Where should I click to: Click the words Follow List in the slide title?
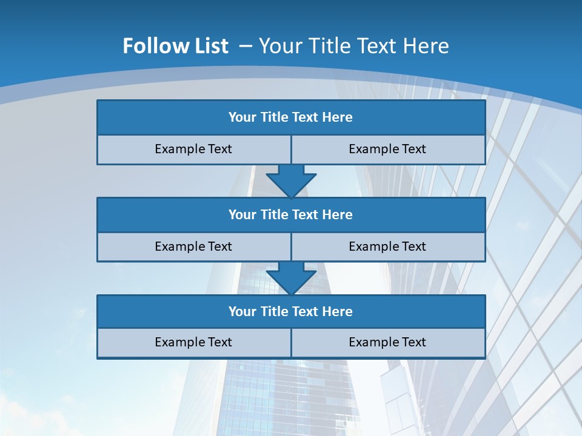pyautogui.click(x=175, y=46)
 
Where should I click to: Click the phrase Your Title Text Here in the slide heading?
pyautogui.click(x=354, y=46)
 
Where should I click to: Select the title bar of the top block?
pyautogui.click(x=291, y=117)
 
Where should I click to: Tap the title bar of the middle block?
pyautogui.click(x=291, y=214)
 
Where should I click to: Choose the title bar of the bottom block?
pyautogui.click(x=291, y=311)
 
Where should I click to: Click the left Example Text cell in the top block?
pyautogui.click(x=193, y=149)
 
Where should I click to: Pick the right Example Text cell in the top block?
pyautogui.click(x=387, y=149)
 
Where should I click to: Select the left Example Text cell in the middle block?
pyautogui.click(x=193, y=246)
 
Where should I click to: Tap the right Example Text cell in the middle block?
pyautogui.click(x=387, y=246)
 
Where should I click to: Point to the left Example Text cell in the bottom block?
pyautogui.click(x=193, y=342)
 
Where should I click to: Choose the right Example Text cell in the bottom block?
pyautogui.click(x=387, y=342)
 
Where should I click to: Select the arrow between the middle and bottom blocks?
pyautogui.click(x=291, y=277)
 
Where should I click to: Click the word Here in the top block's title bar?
pyautogui.click(x=338, y=117)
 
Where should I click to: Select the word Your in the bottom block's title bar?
pyautogui.click(x=242, y=311)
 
